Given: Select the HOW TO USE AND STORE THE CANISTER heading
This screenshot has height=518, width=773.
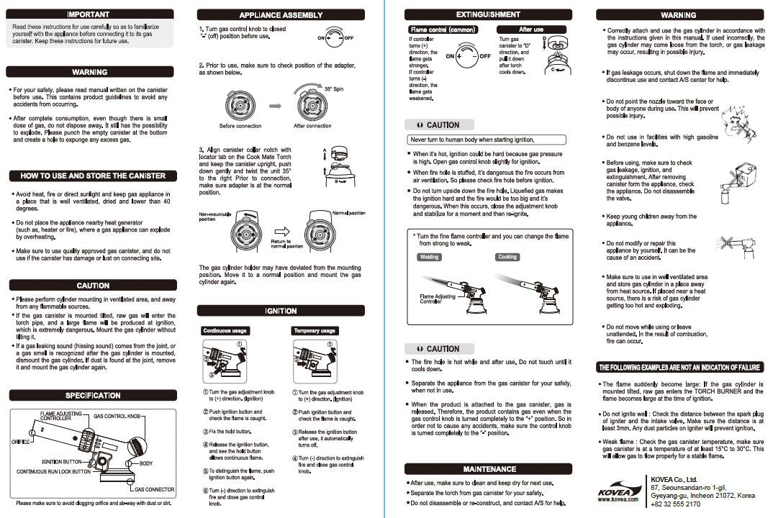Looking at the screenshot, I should click(93, 176).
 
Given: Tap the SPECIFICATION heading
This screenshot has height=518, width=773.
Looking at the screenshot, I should click(93, 395).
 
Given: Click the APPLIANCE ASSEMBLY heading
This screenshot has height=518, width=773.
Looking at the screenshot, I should click(281, 15).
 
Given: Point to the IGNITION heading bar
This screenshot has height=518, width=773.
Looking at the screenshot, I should click(281, 311).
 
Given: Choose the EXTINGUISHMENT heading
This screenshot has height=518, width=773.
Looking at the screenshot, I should click(488, 14).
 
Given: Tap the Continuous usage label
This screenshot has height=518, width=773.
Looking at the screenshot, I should click(225, 331).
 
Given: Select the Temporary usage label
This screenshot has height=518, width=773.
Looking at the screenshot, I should click(315, 331).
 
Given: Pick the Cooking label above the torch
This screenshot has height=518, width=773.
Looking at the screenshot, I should click(507, 257).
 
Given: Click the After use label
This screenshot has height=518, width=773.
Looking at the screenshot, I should click(531, 29).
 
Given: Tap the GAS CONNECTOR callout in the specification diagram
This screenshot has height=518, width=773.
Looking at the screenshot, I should click(154, 489).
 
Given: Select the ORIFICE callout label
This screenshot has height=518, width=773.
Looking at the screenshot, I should click(21, 441).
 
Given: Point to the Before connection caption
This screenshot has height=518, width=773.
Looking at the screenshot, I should click(240, 126).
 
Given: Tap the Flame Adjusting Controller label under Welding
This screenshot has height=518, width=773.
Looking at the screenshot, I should click(438, 299).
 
